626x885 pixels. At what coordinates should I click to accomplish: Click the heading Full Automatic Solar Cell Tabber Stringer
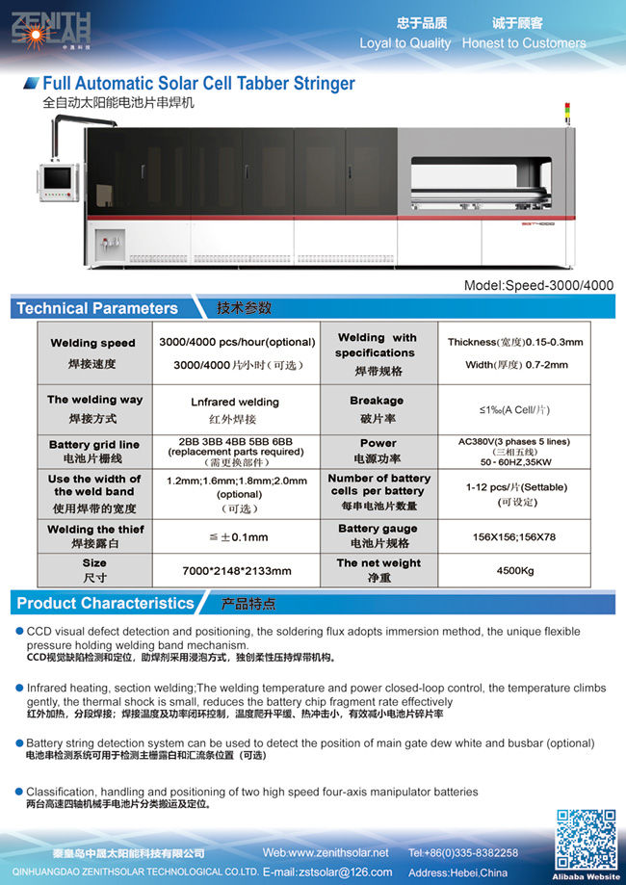(x=198, y=84)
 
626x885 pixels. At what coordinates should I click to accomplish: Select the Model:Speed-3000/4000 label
(x=537, y=285)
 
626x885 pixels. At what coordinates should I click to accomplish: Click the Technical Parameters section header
(x=97, y=308)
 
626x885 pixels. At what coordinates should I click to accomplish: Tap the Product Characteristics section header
(x=106, y=604)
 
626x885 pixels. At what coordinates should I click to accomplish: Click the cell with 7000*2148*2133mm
(x=236, y=570)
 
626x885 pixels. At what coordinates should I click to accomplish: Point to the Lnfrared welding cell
(x=235, y=409)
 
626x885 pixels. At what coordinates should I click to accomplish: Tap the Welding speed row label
(x=92, y=351)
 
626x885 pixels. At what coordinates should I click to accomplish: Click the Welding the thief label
(x=95, y=536)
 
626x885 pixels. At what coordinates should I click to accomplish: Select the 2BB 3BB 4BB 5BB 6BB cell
(x=235, y=450)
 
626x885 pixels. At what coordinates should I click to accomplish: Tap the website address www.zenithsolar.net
(x=326, y=853)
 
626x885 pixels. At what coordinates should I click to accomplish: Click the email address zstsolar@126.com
(x=326, y=872)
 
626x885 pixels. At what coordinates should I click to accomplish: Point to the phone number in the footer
(x=463, y=853)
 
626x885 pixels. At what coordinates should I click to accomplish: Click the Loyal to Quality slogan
(x=404, y=43)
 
